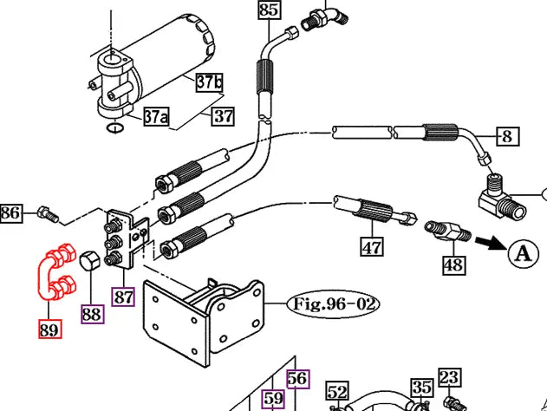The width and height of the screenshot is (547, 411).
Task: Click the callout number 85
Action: [x=270, y=10]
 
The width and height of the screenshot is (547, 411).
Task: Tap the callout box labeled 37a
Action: [x=155, y=116]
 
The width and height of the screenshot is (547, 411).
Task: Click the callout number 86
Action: [x=11, y=212]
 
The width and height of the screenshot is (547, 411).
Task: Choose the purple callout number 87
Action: [x=126, y=296]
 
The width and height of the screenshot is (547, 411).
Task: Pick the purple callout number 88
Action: [x=92, y=313]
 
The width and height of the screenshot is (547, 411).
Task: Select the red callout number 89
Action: [x=50, y=329]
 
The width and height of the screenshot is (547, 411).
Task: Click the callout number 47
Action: [x=372, y=247]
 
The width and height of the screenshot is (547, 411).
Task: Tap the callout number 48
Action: [x=453, y=264]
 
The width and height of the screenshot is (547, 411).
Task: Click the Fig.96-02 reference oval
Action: [x=334, y=305]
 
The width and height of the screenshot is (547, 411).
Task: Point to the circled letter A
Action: [x=522, y=253]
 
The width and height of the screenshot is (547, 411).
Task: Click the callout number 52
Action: [x=337, y=392]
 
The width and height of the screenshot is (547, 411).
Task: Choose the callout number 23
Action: [x=448, y=377]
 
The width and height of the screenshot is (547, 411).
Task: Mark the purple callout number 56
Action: [x=297, y=378]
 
